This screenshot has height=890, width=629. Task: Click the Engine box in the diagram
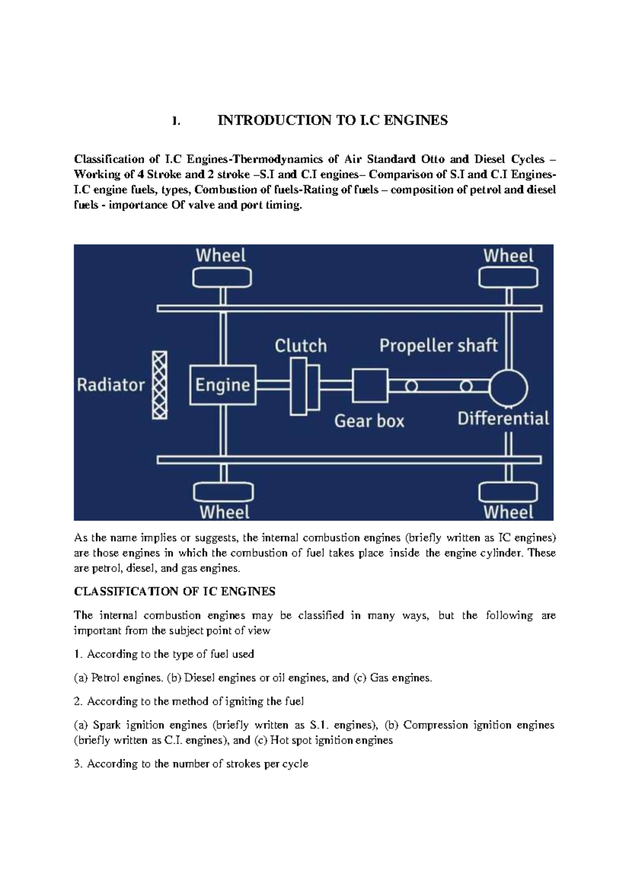223,385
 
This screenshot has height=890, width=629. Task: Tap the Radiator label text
111,385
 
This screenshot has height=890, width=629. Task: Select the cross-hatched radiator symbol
159,385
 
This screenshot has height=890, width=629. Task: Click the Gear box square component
370,385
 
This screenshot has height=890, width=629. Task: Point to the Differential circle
508,387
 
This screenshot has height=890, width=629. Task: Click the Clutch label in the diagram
301,346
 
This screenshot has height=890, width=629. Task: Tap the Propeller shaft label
438,345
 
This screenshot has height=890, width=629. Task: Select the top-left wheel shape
222,277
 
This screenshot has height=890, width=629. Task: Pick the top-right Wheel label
508,256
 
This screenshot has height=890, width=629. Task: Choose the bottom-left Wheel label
224,512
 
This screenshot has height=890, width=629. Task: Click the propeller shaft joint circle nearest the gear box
411,386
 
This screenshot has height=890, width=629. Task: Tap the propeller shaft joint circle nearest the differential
466,386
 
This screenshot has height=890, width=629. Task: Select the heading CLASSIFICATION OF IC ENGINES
175,592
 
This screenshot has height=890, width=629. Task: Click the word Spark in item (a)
107,725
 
